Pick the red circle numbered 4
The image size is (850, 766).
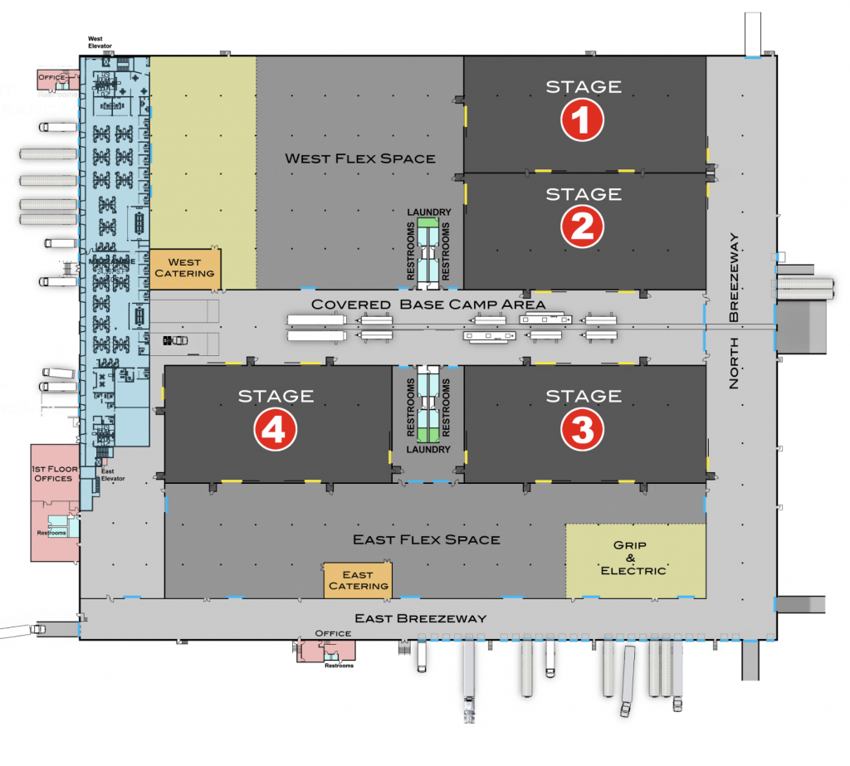coord(276,429)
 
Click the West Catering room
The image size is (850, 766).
coord(184,268)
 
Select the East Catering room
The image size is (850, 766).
coord(358,580)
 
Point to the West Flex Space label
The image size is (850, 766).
coord(359,158)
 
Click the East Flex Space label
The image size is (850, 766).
coord(427,539)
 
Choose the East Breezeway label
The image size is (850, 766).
coord(420,618)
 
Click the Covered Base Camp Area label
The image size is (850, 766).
coord(427,305)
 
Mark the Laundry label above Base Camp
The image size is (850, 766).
coord(429,212)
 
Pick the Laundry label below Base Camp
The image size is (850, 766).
coord(428,450)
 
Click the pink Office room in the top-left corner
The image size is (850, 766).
coord(51,78)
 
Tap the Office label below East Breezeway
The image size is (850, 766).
coord(327,633)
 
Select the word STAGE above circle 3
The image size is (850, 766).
coord(582,396)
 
